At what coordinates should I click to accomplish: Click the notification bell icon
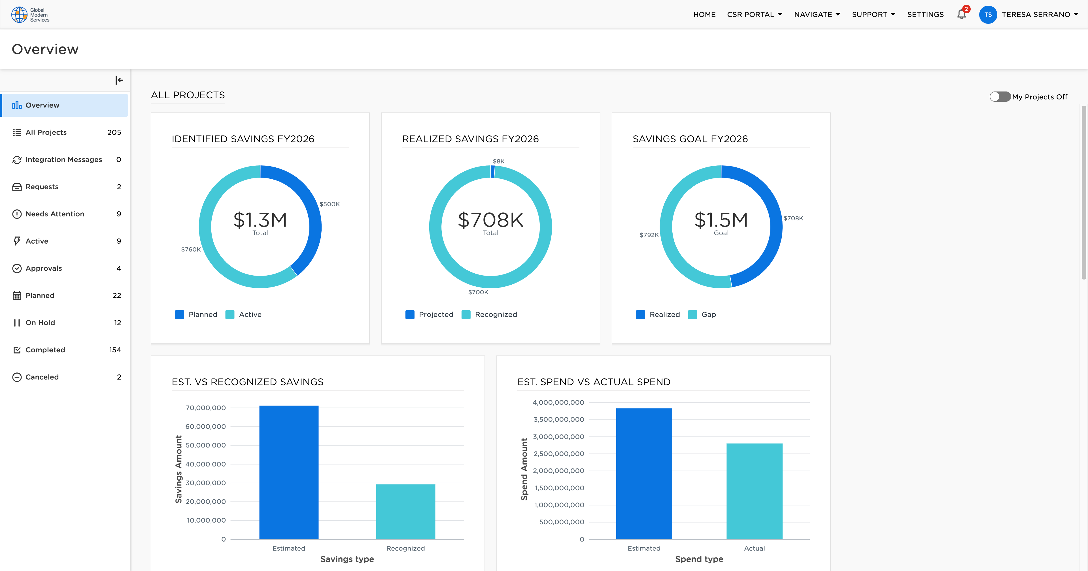tap(961, 14)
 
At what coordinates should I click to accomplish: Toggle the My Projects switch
tap(1000, 97)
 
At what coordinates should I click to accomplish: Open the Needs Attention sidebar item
tap(55, 214)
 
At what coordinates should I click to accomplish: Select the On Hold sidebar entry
tap(40, 323)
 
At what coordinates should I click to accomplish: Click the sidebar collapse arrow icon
tap(119, 80)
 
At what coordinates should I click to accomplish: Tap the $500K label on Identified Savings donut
tap(330, 204)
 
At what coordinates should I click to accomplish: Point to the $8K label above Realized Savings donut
tap(498, 161)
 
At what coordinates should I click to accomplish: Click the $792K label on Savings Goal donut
tap(649, 235)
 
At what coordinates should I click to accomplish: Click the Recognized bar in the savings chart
tap(405, 512)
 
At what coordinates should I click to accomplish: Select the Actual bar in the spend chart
tap(754, 491)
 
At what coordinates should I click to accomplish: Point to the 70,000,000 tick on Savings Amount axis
tap(206, 408)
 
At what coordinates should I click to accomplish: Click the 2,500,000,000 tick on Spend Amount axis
tap(558, 453)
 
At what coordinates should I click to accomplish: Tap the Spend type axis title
tap(699, 559)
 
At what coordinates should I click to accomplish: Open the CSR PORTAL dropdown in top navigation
tap(754, 14)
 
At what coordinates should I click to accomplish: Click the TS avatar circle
tap(987, 14)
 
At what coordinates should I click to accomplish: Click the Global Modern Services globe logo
tap(19, 14)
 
